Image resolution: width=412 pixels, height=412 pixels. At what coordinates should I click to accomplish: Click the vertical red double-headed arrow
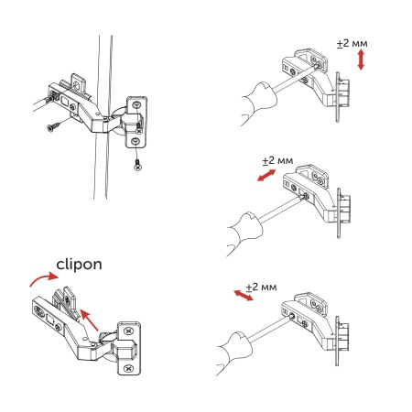tap(363, 61)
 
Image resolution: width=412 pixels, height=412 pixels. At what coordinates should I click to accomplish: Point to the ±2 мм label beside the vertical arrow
tap(352, 44)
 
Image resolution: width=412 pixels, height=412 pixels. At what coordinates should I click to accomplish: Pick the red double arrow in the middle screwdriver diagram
tap(267, 174)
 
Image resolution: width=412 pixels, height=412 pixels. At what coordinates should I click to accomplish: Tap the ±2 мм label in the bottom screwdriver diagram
tap(262, 287)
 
